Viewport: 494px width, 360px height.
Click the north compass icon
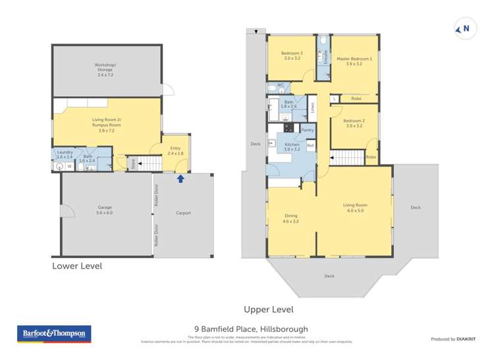tap(464, 28)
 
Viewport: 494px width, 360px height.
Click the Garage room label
tap(104, 211)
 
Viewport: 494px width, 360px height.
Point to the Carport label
tap(183, 213)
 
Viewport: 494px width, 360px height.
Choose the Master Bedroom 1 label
tap(354, 61)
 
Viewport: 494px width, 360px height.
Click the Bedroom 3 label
tap(292, 56)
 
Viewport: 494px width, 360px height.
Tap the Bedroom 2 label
tap(354, 123)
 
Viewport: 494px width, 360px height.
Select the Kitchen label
tap(292, 147)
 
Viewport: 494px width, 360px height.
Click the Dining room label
tap(290, 219)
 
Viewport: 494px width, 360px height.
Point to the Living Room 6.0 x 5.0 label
tap(353, 208)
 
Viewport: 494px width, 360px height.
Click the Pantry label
tap(308, 130)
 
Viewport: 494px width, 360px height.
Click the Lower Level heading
tap(77, 267)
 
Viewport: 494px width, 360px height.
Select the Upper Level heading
tap(268, 309)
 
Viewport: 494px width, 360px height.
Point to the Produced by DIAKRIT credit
tap(453, 339)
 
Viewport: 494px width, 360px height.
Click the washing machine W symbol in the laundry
tap(69, 167)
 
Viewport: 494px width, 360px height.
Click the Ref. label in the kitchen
tap(310, 145)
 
